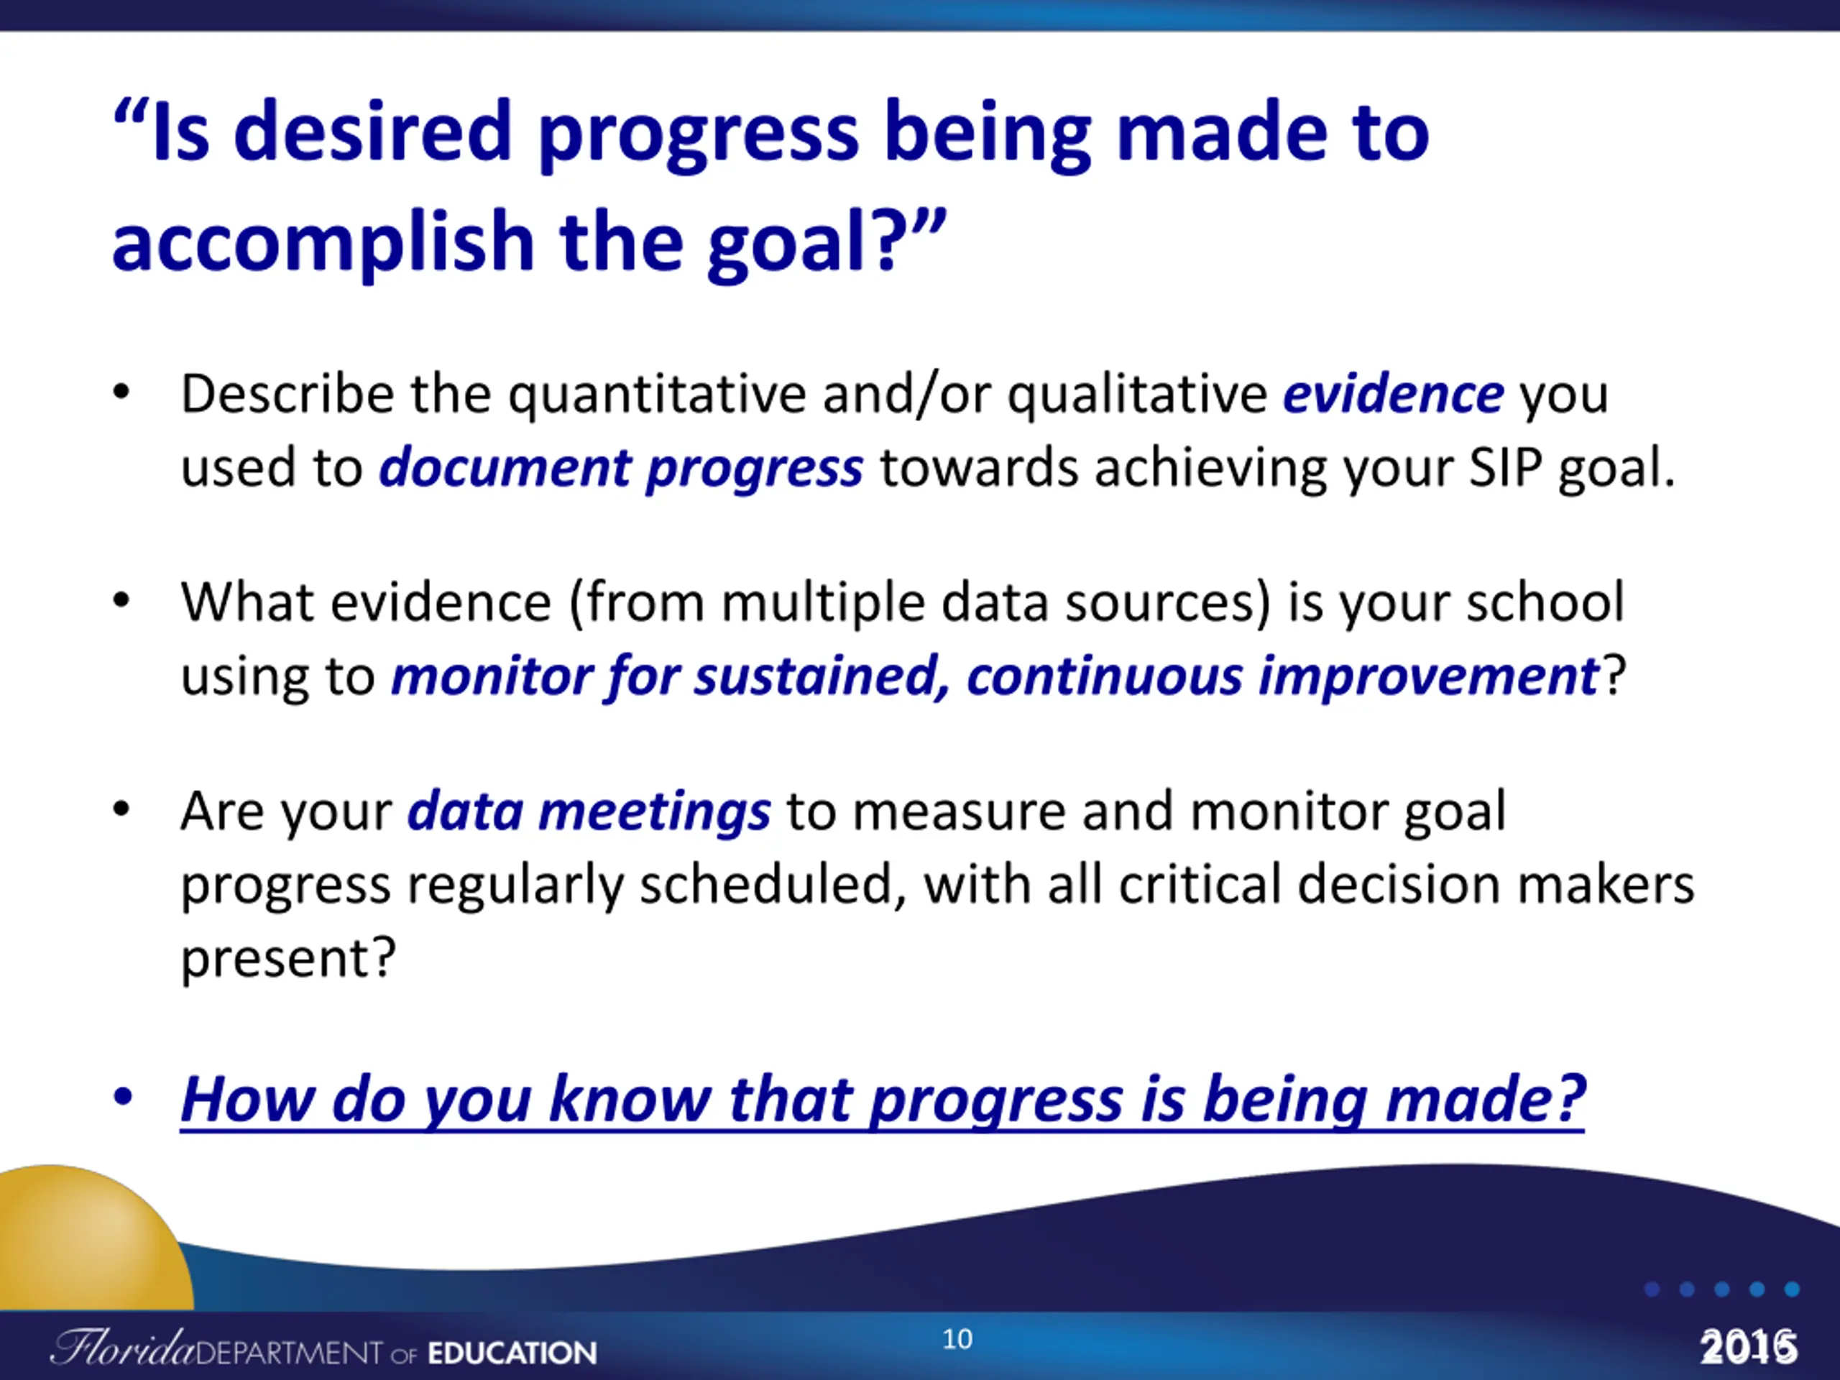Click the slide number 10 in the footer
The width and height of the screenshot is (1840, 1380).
(x=957, y=1339)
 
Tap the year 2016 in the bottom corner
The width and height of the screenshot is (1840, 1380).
(x=1749, y=1347)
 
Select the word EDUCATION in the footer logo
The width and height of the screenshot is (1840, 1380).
(x=512, y=1353)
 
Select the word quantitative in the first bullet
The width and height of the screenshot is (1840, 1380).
(x=657, y=395)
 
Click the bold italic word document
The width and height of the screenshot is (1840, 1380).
(x=505, y=466)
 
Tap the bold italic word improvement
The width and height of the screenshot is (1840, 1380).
(x=1428, y=676)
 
